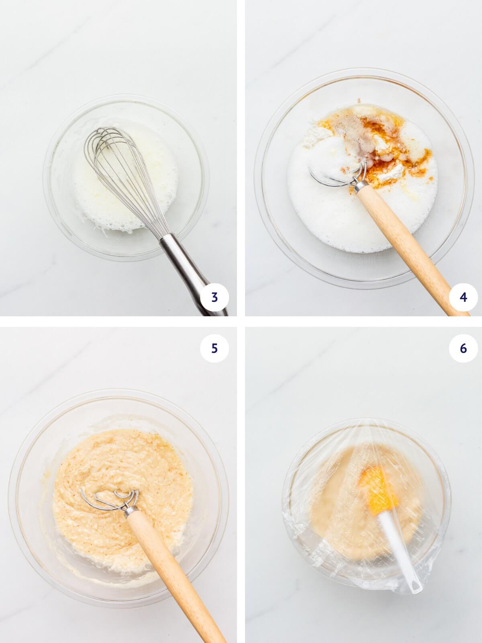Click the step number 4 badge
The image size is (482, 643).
pos(463,298)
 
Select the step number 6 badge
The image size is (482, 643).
pos(463,348)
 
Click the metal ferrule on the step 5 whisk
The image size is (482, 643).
pos(131,511)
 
